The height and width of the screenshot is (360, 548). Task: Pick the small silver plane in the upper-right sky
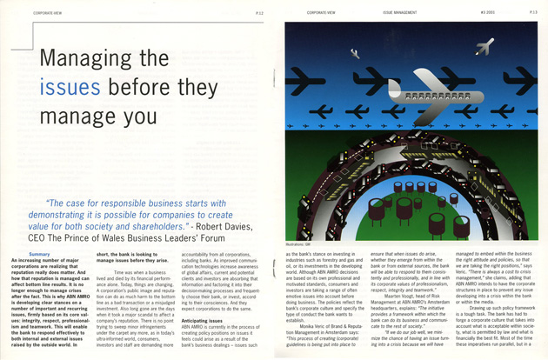click(x=484, y=46)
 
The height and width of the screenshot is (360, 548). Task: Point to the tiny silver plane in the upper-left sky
click(x=354, y=53)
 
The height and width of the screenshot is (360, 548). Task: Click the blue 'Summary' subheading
click(x=40, y=253)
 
